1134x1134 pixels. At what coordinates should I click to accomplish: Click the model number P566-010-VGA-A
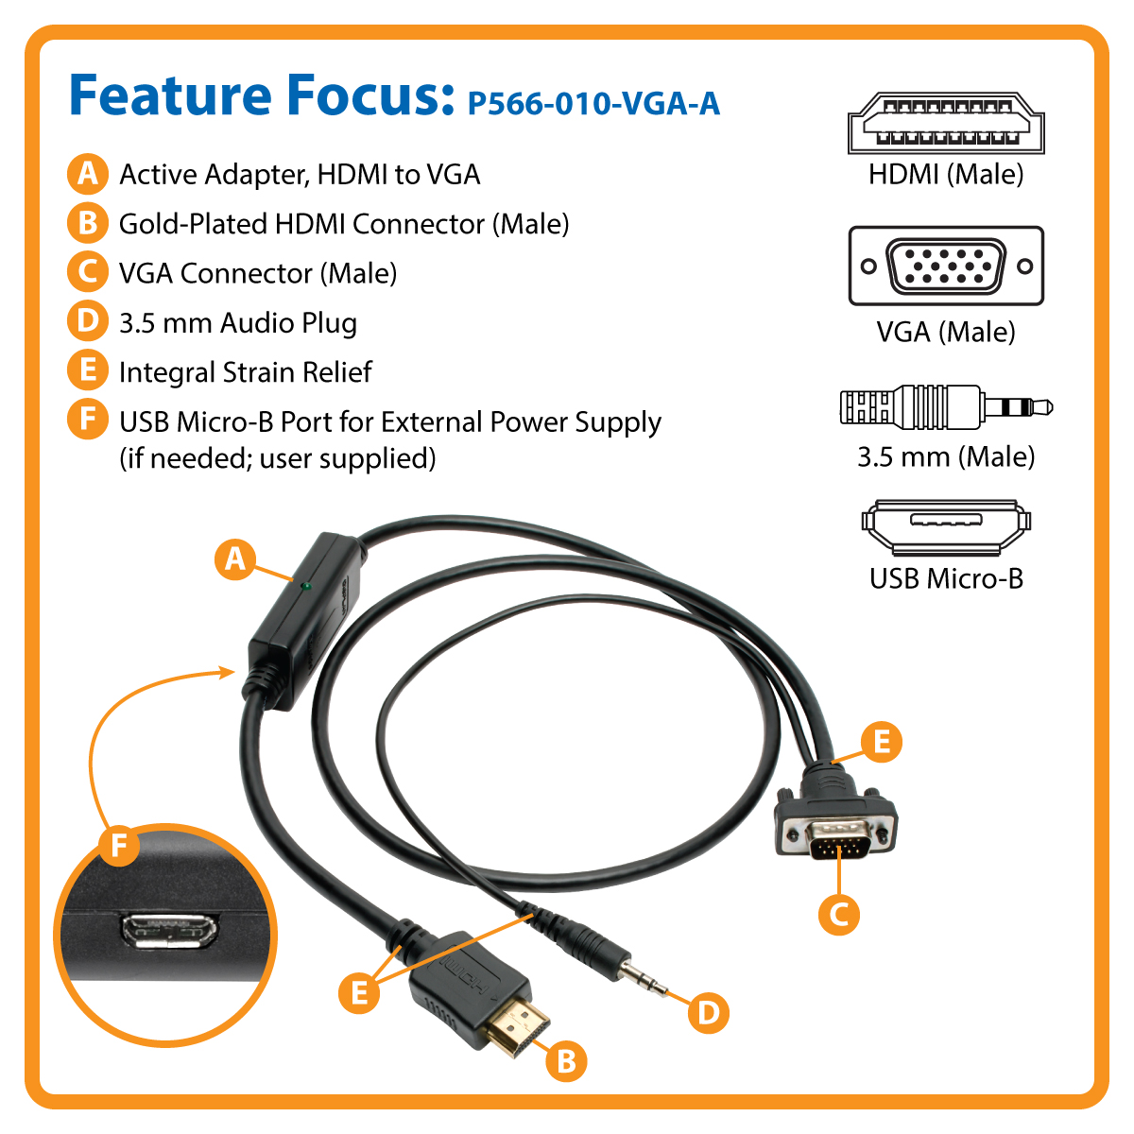point(593,104)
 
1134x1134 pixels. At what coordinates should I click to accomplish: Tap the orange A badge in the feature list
point(88,174)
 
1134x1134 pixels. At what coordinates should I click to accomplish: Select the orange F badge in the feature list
point(88,420)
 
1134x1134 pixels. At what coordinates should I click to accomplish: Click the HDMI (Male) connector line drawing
point(946,123)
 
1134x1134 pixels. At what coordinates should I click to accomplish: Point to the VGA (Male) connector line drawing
point(946,266)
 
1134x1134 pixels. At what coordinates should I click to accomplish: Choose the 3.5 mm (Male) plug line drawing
point(946,406)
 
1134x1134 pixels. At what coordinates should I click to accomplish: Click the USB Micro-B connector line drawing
point(946,527)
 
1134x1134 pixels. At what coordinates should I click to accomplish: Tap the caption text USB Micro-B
point(946,579)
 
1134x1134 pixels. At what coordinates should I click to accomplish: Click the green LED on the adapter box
point(305,586)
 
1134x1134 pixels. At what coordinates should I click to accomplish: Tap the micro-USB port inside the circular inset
point(169,931)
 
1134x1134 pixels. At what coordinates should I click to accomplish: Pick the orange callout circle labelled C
point(838,915)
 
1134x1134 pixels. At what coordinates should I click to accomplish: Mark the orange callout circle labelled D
point(709,1013)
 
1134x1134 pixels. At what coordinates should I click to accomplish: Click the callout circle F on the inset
point(119,846)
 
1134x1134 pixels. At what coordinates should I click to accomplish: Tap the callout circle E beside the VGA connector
point(882,742)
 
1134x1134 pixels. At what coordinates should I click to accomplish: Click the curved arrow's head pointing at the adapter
point(228,672)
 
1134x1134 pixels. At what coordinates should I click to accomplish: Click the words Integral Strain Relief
point(246,372)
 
